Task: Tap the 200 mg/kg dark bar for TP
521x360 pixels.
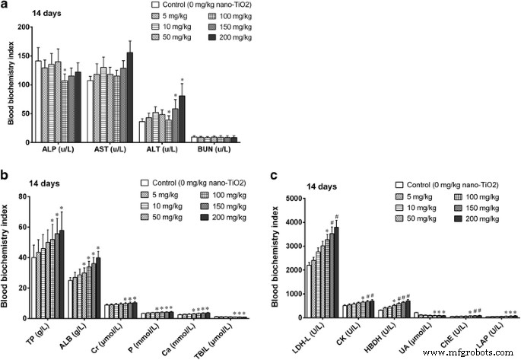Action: pos(62,274)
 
